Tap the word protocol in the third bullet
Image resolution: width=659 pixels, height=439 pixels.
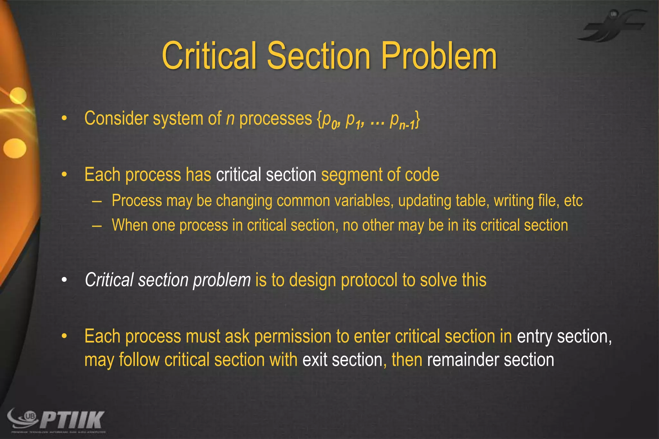[369, 280]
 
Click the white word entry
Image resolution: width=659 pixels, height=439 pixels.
[534, 337]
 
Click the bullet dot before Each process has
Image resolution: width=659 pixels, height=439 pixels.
[64, 175]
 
